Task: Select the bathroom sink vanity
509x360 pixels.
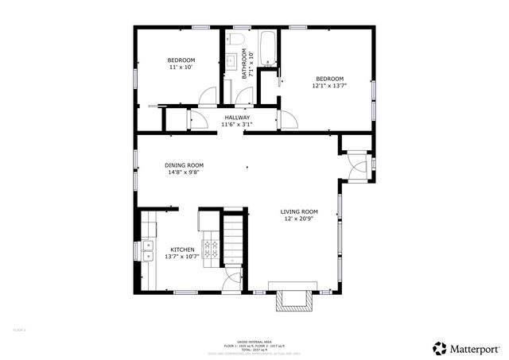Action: [230, 59]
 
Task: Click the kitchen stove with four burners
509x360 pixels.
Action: [211, 250]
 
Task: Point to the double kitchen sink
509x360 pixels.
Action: [149, 252]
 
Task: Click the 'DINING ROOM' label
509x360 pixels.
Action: [184, 165]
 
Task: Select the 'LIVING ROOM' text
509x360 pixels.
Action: [299, 211]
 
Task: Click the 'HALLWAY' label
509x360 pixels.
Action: [237, 117]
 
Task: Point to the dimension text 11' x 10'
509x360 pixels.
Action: [181, 68]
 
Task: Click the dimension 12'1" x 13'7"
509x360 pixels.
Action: [329, 87]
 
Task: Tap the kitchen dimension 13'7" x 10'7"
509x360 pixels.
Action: [181, 257]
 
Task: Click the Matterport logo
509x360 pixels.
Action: [466, 347]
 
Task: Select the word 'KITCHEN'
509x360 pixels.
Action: [182, 250]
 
